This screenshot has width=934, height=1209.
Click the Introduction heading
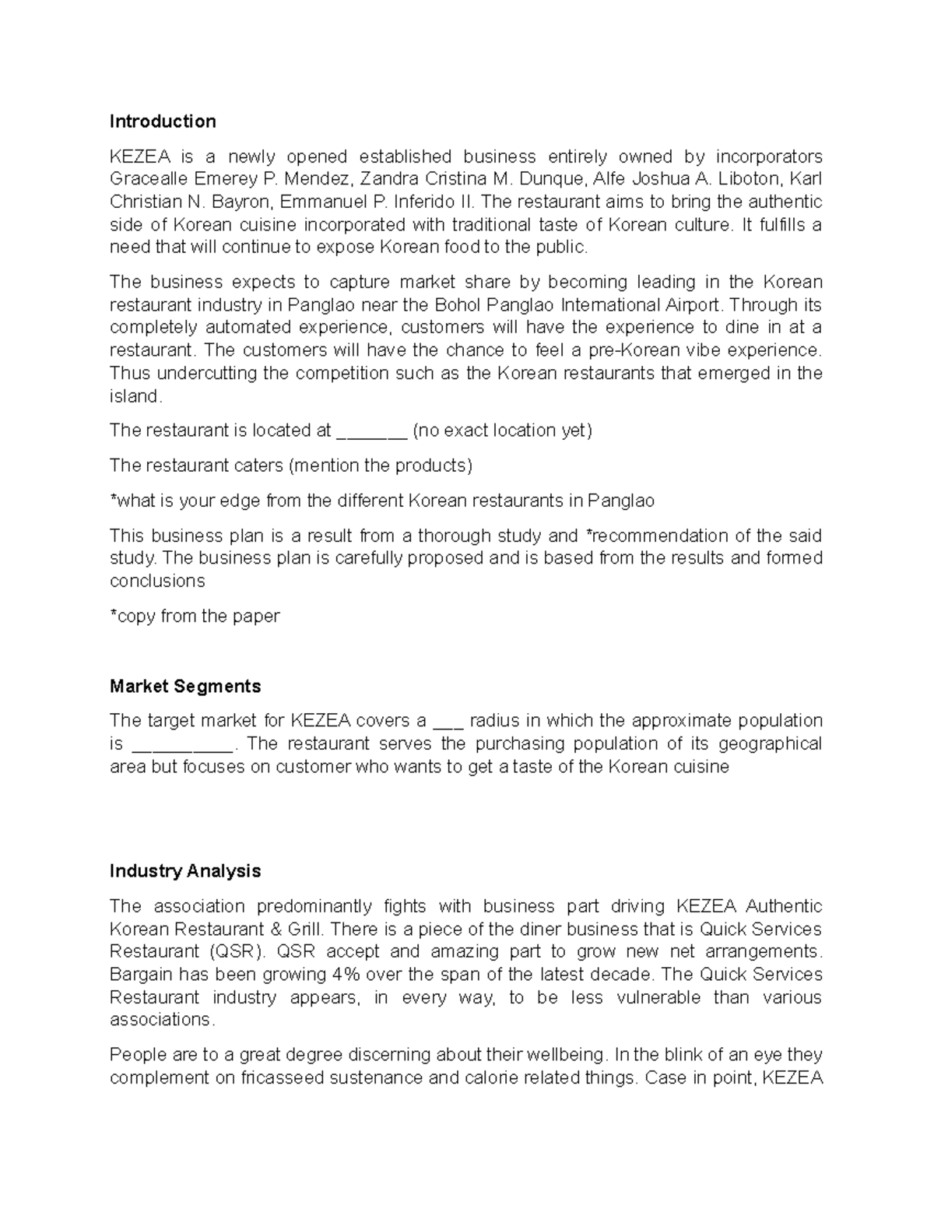pos(163,121)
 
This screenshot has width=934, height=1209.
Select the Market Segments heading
pos(185,686)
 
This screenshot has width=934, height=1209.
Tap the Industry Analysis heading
pos(185,870)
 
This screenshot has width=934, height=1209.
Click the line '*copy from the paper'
pos(195,616)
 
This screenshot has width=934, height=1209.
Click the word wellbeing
pos(565,1055)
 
